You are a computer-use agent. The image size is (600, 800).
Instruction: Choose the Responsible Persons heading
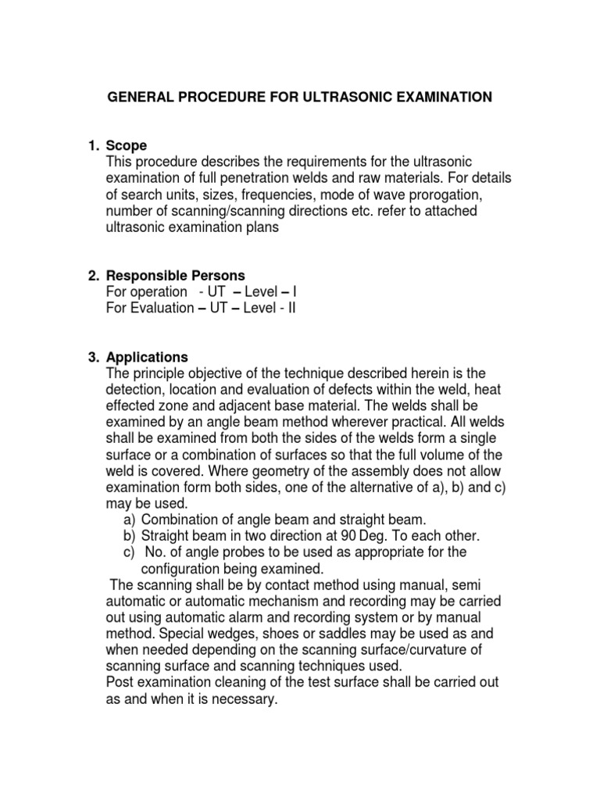[x=175, y=276]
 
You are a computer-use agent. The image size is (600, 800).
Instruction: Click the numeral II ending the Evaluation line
[x=291, y=308]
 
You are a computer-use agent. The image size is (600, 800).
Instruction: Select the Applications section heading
[x=147, y=358]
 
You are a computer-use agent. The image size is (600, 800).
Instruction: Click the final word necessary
[x=247, y=699]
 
